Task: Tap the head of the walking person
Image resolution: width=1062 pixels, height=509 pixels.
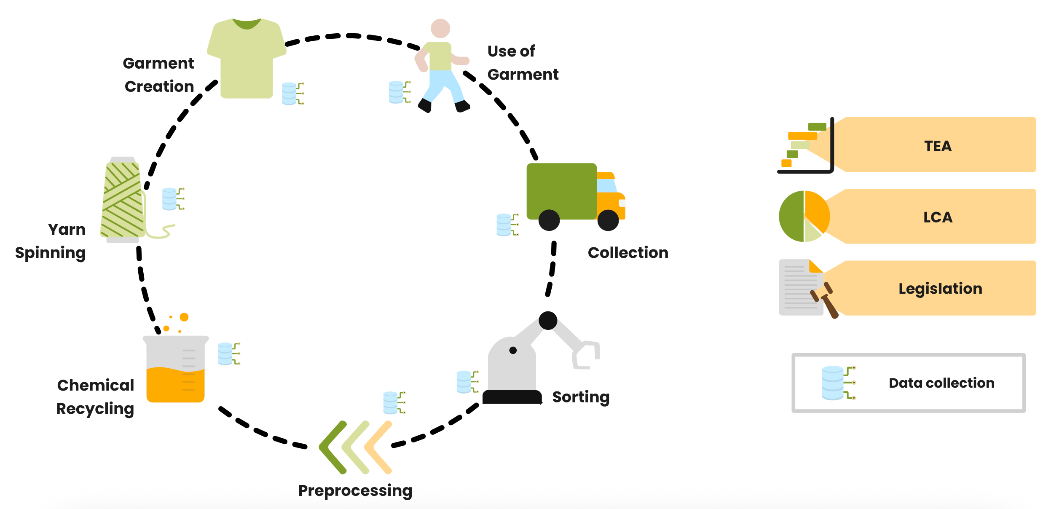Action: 440,29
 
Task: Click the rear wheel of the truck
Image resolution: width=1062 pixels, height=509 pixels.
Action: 549,220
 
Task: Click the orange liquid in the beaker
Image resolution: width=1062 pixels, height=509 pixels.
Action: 175,385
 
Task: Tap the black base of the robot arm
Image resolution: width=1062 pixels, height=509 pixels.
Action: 512,397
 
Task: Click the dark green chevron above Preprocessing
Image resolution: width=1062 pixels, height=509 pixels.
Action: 333,447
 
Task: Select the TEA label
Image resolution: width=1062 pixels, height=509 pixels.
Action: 938,146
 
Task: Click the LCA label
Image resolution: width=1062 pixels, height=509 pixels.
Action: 938,217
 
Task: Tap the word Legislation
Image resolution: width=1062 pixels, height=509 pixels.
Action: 940,289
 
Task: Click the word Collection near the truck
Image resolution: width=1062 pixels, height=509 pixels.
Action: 628,253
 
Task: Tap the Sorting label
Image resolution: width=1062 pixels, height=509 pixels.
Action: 581,397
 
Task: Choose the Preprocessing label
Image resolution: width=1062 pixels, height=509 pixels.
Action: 355,491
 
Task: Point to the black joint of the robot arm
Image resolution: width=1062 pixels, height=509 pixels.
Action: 548,321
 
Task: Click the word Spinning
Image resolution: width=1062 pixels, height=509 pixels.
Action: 50,253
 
